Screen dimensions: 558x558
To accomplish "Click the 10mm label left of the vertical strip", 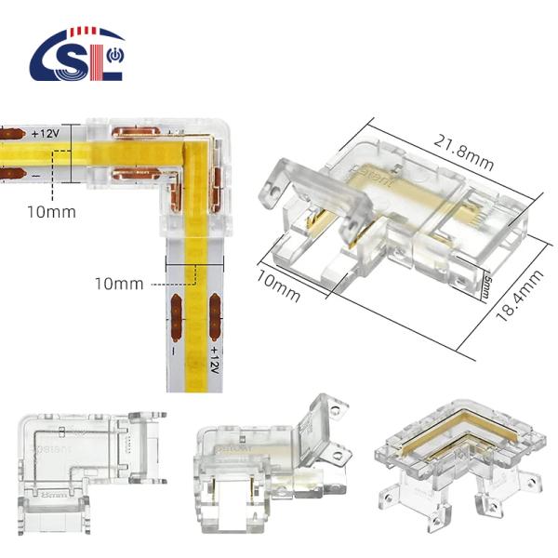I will tap(118, 283).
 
